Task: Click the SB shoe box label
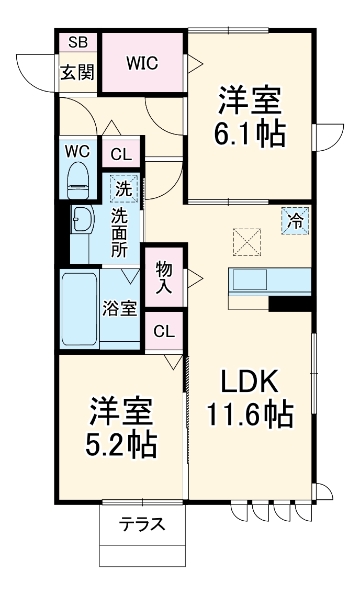pos(78,42)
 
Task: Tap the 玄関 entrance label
pos(77,72)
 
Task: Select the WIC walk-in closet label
pos(142,63)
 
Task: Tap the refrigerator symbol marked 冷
pos(295,221)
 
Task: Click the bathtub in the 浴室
pos(79,309)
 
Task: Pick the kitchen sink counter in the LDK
pos(270,282)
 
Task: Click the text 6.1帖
pos(250,134)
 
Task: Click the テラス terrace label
pos(142,524)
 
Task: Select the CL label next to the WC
pos(121,155)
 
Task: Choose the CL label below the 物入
pos(164,331)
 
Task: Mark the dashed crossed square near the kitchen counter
pos(247,242)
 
